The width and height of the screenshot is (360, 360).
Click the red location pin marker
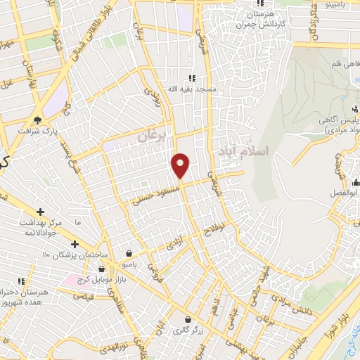tap(181, 165)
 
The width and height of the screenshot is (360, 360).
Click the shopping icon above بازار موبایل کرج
tap(102, 269)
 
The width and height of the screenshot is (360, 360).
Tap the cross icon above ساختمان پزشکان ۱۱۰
tap(74, 244)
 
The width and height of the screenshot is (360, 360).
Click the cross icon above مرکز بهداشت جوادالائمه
tap(41, 212)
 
